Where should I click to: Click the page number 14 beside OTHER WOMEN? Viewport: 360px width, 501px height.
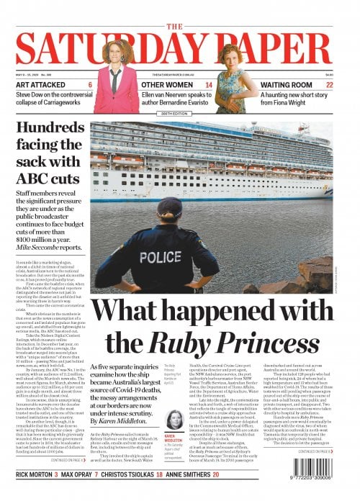click(x=209, y=84)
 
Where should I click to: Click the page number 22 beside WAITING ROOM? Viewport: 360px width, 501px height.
click(x=329, y=84)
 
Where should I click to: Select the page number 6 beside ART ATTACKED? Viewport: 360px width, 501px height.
click(x=90, y=84)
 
